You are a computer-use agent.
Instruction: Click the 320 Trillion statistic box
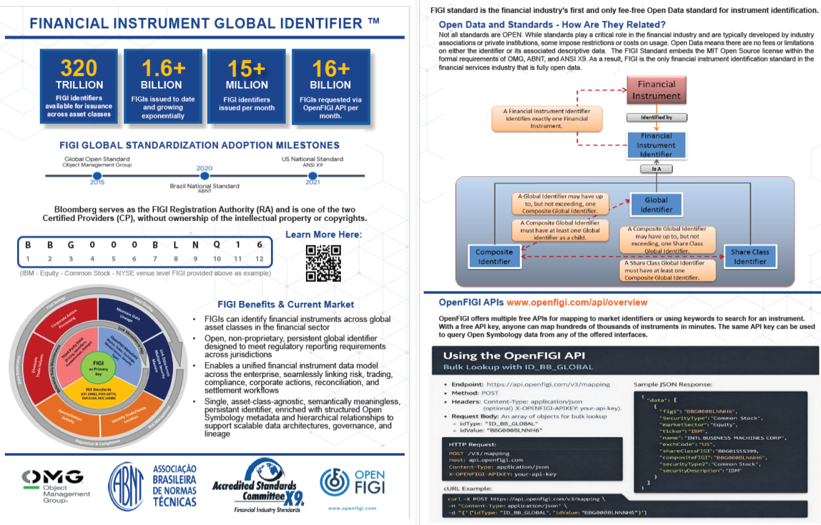[x=79, y=87]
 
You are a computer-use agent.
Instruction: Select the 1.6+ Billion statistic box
[x=163, y=87]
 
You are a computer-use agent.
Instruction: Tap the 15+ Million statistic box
[x=246, y=87]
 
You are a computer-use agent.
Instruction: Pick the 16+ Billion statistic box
[x=331, y=87]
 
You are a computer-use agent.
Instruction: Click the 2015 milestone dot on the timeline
[x=97, y=176]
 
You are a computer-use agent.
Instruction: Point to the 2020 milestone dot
[x=205, y=176]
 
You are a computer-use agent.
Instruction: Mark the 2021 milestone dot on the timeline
[x=312, y=176]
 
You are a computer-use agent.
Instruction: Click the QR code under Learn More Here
[x=323, y=263]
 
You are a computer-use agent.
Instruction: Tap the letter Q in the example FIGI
[x=217, y=245]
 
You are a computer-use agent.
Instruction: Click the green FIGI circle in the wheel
[x=99, y=366]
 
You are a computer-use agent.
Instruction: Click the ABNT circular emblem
[x=127, y=487]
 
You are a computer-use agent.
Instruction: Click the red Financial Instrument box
[x=656, y=90]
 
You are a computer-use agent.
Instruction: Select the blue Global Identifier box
[x=656, y=205]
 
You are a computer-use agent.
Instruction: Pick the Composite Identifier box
[x=494, y=257]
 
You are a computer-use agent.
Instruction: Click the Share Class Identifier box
[x=750, y=257]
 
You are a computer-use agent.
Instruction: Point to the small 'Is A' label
[x=656, y=169]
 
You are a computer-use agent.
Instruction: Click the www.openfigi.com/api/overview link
[x=577, y=302]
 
